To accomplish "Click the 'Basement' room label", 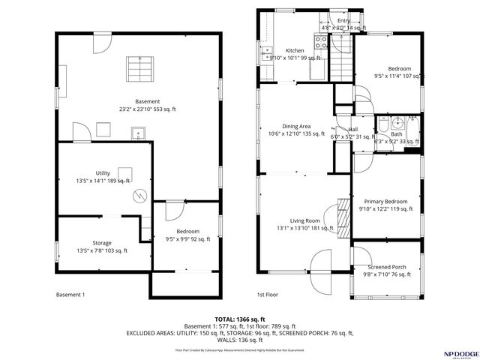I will pos(147,101).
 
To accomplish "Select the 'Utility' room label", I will pos(103,173).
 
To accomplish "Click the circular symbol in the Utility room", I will pos(138,196).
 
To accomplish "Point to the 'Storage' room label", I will pos(102,243).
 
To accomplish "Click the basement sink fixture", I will pos(136,134).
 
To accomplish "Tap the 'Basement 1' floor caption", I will pos(70,295).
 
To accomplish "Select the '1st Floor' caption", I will pos(268,295).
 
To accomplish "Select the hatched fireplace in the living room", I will pos(343,218).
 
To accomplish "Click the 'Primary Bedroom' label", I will pos(386,202).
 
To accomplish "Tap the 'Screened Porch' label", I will pos(387,267).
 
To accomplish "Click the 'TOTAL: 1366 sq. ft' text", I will pos(239,319).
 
